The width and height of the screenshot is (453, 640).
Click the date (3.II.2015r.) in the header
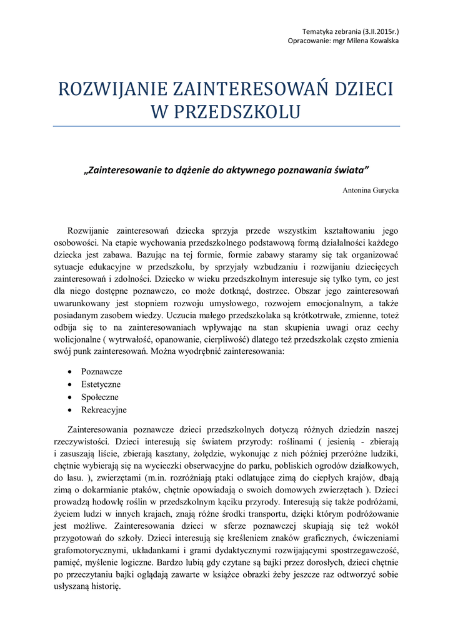pyautogui.click(x=377, y=31)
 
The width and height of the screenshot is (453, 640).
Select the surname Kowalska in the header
pyautogui.click(x=382, y=41)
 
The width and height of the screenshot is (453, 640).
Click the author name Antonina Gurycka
pyautogui.click(x=371, y=189)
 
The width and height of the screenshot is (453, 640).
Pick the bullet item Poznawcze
pyautogui.click(x=102, y=371)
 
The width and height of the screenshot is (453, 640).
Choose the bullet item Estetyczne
pyautogui.click(x=101, y=384)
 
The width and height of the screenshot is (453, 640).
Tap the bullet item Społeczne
pyautogui.click(x=100, y=397)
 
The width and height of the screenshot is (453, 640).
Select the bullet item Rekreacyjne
pyautogui.click(x=104, y=410)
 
